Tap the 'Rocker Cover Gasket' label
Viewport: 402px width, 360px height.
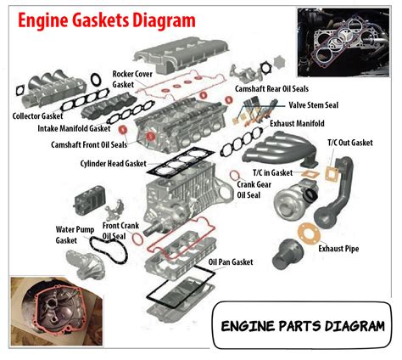132,79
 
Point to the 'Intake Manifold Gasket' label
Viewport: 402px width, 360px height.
74,128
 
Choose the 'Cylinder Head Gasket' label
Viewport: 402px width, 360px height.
114,163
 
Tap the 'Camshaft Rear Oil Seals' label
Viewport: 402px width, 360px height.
272,87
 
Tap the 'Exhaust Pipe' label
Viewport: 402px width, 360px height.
340,249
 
